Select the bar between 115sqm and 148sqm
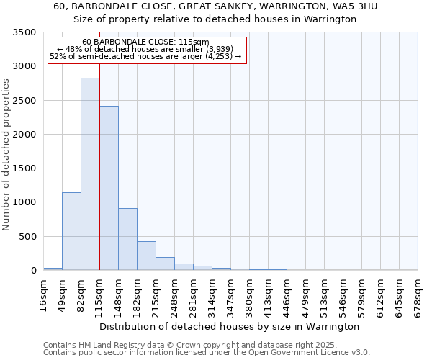(x=109, y=188)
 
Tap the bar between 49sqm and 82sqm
(x=71, y=231)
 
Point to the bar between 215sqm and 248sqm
(x=165, y=264)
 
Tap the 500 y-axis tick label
(x=27, y=236)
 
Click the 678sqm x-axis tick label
(x=418, y=295)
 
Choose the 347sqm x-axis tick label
(x=230, y=295)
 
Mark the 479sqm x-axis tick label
(x=305, y=295)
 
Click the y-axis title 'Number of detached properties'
(x=6, y=155)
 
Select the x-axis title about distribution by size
(x=229, y=326)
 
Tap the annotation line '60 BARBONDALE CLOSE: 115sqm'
(x=146, y=42)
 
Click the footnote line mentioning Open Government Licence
(x=207, y=352)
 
